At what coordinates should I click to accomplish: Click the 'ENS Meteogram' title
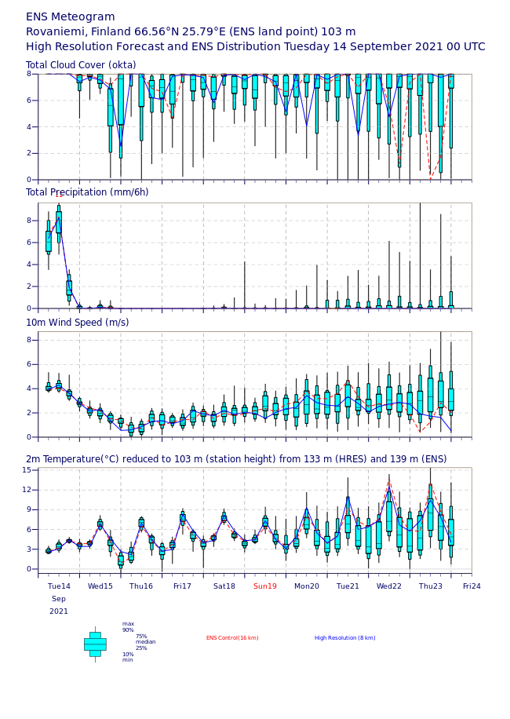click(x=70, y=17)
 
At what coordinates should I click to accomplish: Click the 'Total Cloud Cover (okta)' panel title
click(x=80, y=65)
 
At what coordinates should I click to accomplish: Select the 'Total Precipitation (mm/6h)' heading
click(x=86, y=192)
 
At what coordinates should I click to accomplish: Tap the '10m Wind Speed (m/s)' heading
click(x=77, y=323)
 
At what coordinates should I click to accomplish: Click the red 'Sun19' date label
click(x=265, y=586)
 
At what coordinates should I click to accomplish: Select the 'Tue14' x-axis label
click(x=59, y=586)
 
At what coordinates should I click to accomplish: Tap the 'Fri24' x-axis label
click(x=472, y=586)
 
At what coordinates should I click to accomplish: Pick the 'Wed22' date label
click(x=389, y=586)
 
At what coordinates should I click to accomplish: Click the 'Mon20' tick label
click(x=307, y=586)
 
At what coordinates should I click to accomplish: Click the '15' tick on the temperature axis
click(x=27, y=470)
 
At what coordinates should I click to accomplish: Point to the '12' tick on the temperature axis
click(x=27, y=490)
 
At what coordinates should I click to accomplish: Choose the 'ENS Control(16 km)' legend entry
click(x=232, y=638)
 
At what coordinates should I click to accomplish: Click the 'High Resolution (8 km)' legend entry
click(x=344, y=638)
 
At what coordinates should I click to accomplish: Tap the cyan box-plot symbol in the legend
click(x=95, y=644)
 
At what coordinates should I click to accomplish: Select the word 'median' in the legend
click(x=145, y=642)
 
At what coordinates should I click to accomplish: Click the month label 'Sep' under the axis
click(x=59, y=599)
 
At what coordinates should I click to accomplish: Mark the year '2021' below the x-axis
click(x=59, y=611)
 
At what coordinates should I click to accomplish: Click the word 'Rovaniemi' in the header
click(x=58, y=32)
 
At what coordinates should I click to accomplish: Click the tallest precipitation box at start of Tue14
click(x=58, y=222)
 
